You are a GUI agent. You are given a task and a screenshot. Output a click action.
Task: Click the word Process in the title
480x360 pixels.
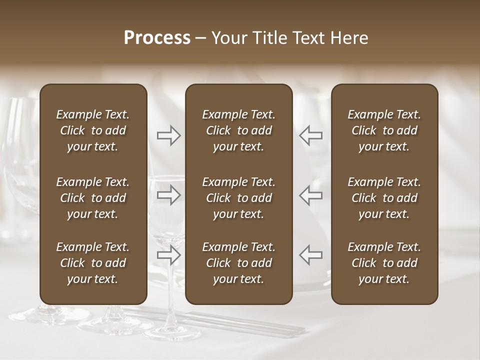click(157, 38)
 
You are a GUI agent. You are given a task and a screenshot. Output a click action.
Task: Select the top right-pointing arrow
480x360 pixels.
click(169, 135)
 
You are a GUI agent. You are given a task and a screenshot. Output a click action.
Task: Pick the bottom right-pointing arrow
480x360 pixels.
click(169, 254)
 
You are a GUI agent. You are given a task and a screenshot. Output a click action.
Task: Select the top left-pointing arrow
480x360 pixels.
click(310, 135)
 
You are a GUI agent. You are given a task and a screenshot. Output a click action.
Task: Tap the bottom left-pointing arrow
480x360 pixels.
click(310, 254)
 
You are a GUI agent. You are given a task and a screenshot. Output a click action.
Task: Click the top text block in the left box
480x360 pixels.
click(93, 130)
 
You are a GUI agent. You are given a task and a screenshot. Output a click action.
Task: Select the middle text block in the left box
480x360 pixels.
click(93, 198)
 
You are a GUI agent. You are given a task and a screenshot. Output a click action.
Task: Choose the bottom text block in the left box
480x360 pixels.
click(93, 263)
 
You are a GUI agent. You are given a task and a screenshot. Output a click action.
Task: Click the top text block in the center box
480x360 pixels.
click(238, 130)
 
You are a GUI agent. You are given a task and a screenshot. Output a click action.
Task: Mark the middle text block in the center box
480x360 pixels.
click(238, 198)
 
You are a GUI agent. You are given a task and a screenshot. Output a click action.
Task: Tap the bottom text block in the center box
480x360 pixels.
click(238, 263)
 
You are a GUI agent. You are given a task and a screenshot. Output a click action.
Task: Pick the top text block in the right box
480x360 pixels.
click(384, 130)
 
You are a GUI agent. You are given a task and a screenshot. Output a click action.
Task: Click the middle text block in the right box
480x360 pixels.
click(384, 198)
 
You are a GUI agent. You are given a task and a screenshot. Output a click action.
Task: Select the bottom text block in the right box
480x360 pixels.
click(384, 263)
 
